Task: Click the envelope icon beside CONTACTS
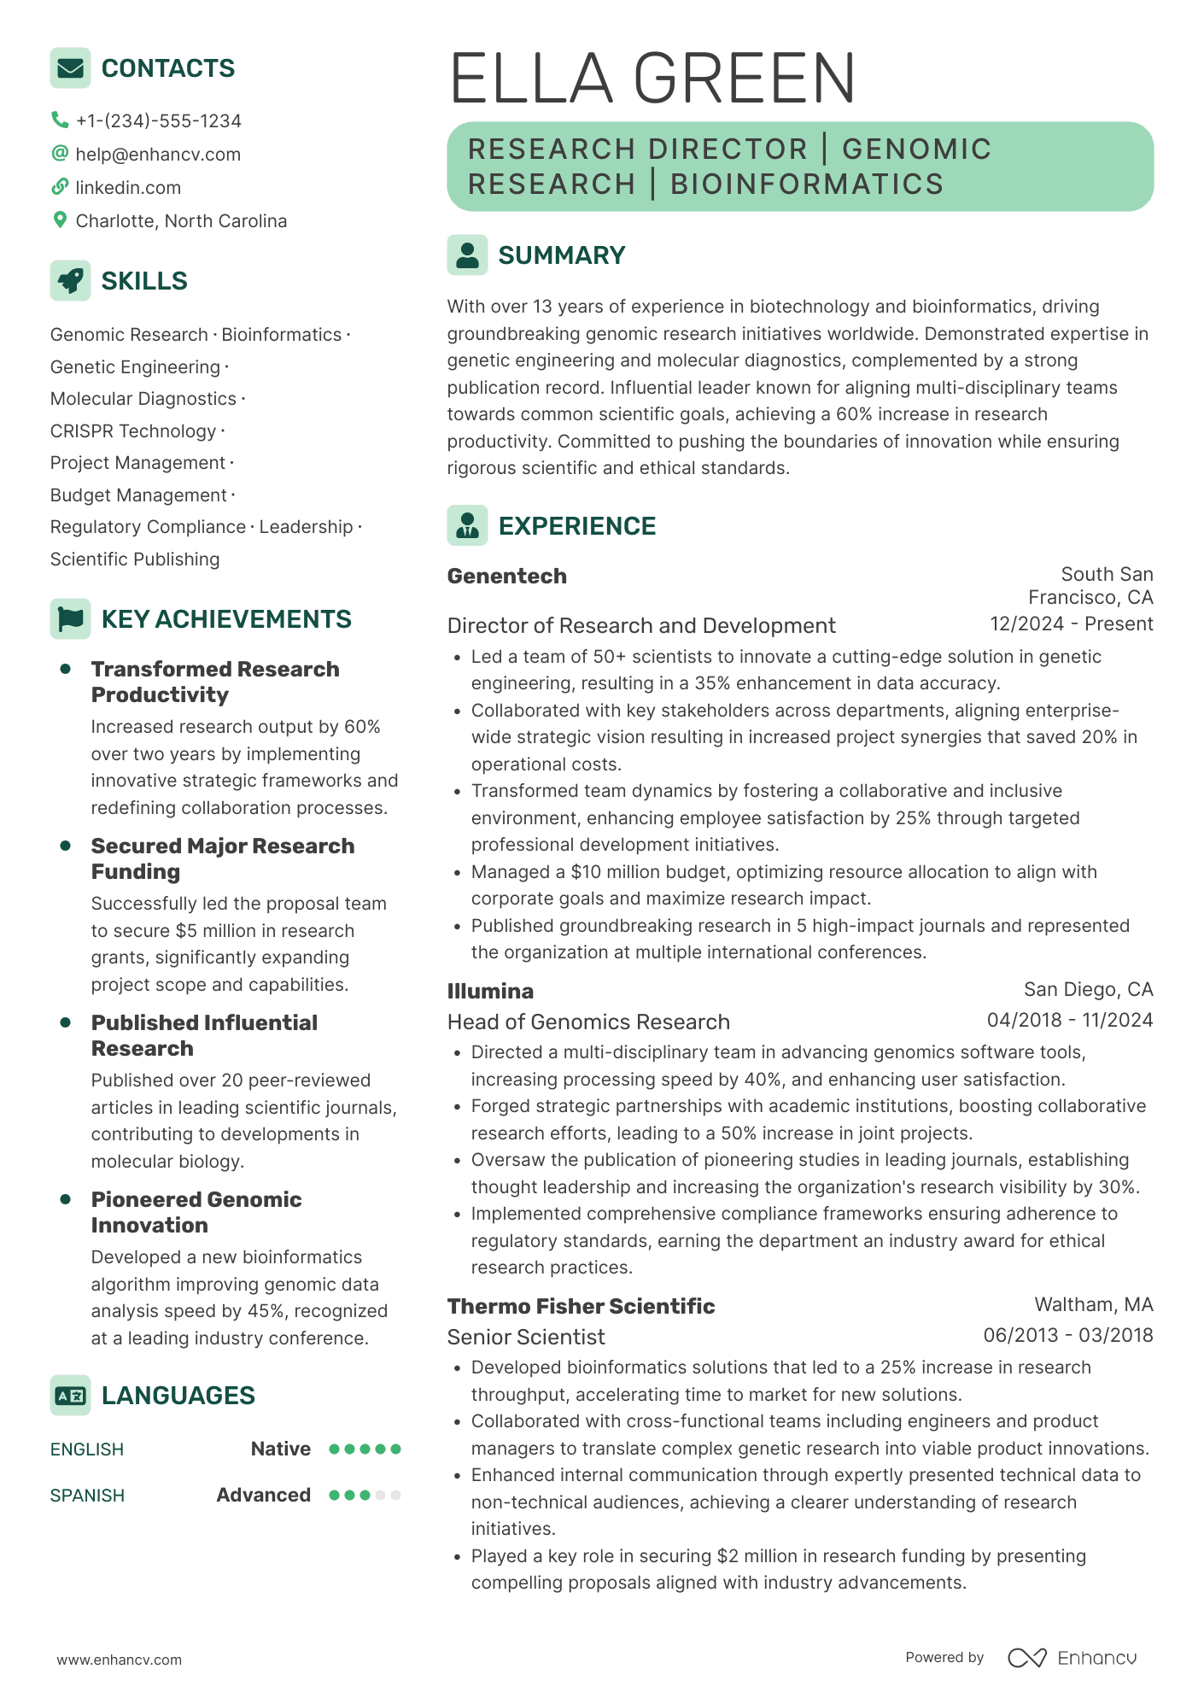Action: point(70,68)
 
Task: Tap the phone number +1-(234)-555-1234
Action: point(158,121)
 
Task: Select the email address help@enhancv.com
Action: point(158,155)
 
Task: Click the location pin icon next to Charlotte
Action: point(60,220)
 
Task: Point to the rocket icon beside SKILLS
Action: point(70,280)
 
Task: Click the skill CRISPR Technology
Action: point(133,431)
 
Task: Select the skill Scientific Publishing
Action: point(135,559)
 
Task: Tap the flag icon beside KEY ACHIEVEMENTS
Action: point(70,618)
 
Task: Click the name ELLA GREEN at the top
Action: point(652,79)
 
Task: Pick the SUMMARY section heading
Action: point(561,255)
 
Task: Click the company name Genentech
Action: point(506,577)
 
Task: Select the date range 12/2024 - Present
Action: point(1071,624)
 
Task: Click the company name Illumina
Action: point(490,992)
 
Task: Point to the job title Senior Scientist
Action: point(526,1338)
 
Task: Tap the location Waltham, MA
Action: point(1093,1305)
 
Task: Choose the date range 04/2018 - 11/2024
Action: point(1069,1021)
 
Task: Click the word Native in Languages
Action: point(280,1449)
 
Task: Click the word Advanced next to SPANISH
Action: point(263,1496)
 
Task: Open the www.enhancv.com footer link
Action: point(120,1660)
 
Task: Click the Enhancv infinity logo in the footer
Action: point(1026,1658)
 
